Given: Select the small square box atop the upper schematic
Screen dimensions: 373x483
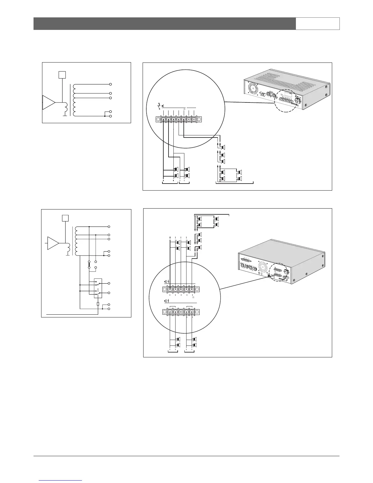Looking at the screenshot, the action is tap(62, 74).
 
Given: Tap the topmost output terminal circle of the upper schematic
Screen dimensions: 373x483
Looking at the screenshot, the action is tap(111, 84).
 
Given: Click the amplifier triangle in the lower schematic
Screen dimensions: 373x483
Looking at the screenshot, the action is tap(53, 243).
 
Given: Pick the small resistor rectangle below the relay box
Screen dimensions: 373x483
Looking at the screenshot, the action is tap(98, 304).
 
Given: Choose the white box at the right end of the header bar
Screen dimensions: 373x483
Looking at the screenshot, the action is tap(318, 23).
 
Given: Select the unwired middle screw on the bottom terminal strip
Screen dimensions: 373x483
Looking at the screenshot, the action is tap(181, 312).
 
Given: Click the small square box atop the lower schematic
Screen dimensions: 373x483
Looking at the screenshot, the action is tap(65, 218).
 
